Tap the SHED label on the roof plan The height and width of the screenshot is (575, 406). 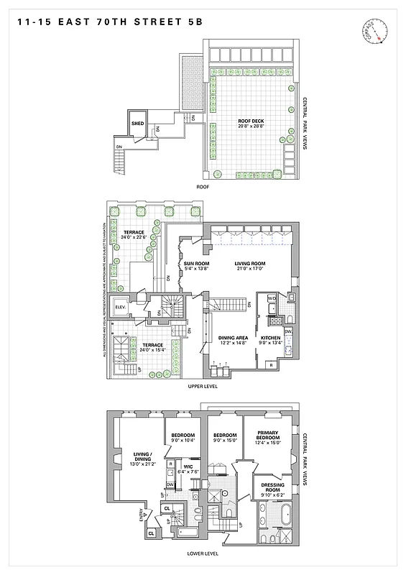[138, 124]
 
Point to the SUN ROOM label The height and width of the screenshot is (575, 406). [195, 265]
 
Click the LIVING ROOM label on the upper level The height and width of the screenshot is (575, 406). [249, 265]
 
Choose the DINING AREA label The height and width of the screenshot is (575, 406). [233, 339]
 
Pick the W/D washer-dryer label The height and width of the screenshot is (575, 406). [272, 298]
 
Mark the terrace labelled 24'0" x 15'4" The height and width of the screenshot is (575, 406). [153, 346]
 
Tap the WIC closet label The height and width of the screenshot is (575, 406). [188, 467]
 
